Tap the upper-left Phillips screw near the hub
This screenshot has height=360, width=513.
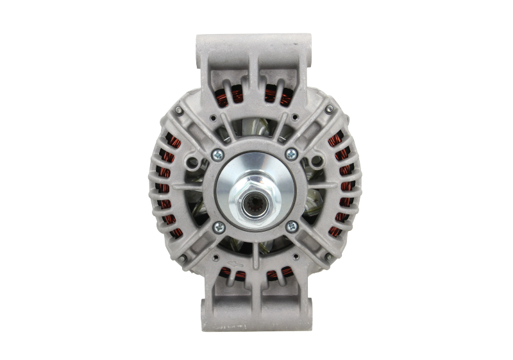tap(218, 153)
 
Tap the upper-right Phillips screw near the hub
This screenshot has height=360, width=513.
tap(291, 153)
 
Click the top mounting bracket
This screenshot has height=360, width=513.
tap(255, 51)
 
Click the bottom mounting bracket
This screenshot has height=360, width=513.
tap(255, 314)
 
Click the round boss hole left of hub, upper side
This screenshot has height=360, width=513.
tap(194, 158)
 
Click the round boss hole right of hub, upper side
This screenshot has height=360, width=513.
tap(315, 158)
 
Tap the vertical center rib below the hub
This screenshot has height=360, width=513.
tap(255, 257)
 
